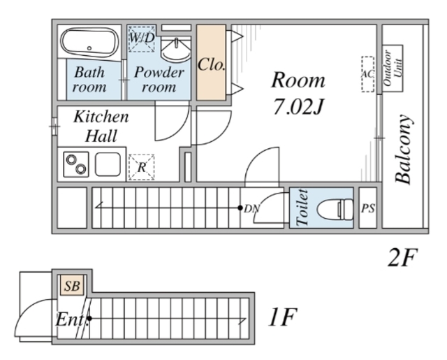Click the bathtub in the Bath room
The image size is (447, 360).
pyautogui.click(x=90, y=43)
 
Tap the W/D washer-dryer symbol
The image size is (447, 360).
pyautogui.click(x=142, y=38)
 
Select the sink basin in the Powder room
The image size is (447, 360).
pyautogui.click(x=176, y=50)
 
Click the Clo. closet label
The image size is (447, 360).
pyautogui.click(x=212, y=64)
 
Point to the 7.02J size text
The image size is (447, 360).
pyautogui.click(x=298, y=106)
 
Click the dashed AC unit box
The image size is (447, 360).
pyautogui.click(x=368, y=74)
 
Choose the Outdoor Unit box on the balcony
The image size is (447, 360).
pyautogui.click(x=393, y=69)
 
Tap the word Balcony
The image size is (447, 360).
pyautogui.click(x=404, y=149)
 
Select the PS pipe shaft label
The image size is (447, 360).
pyautogui.click(x=368, y=208)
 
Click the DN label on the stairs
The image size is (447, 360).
pyautogui.click(x=251, y=209)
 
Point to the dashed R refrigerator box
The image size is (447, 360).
pyautogui.click(x=142, y=167)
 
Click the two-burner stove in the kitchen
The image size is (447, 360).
pyautogui.click(x=76, y=164)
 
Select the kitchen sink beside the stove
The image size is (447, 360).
pyautogui.click(x=108, y=164)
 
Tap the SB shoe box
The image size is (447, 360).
pyautogui.click(x=72, y=285)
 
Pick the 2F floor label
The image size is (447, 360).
pyautogui.click(x=402, y=257)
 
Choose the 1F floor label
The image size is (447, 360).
pyautogui.click(x=283, y=317)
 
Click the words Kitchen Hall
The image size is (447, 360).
pyautogui.click(x=101, y=126)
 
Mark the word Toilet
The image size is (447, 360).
pyautogui.click(x=302, y=208)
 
